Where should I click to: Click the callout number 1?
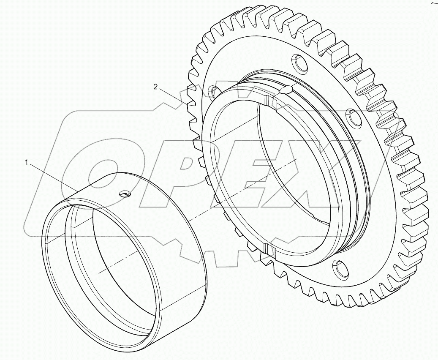click(x=27, y=162)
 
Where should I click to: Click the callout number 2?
click(x=156, y=87)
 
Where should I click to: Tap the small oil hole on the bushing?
click(x=125, y=194)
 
